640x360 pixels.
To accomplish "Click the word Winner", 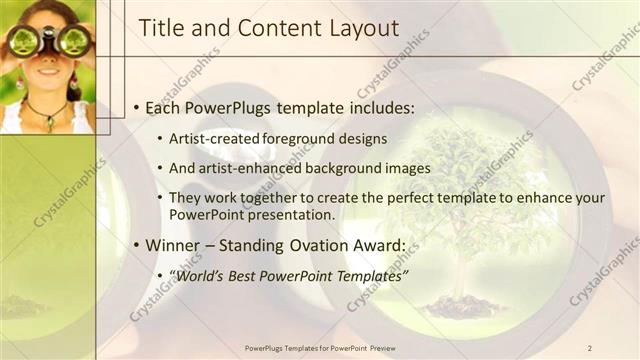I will [x=177, y=245].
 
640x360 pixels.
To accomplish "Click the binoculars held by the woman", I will [x=47, y=40].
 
